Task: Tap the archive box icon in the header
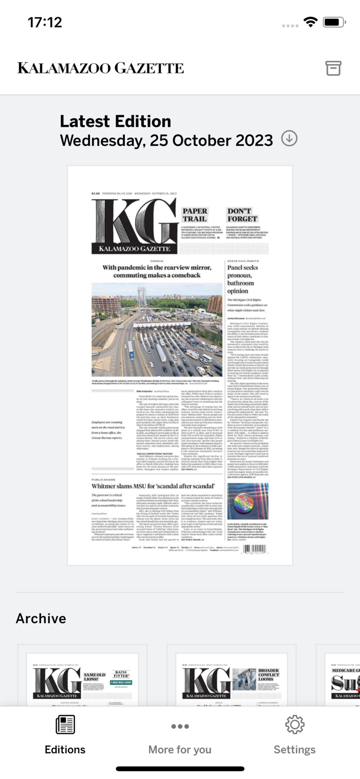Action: click(x=333, y=68)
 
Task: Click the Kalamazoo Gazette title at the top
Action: click(x=101, y=68)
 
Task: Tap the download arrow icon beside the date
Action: click(x=289, y=139)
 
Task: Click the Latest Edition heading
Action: click(x=115, y=122)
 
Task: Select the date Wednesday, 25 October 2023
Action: click(x=166, y=141)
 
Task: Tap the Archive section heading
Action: click(x=41, y=618)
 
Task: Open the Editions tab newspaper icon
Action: click(x=65, y=725)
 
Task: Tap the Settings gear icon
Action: click(x=295, y=725)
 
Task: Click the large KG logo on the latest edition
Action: click(x=134, y=225)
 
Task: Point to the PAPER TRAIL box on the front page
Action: click(x=195, y=215)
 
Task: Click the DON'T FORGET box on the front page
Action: click(x=242, y=215)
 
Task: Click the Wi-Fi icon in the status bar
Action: click(x=311, y=22)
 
